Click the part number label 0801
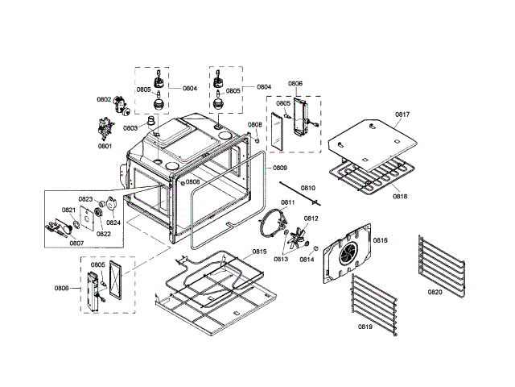[x=105, y=146]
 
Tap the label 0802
[x=103, y=99]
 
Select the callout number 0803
[x=130, y=127]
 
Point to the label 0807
[x=77, y=243]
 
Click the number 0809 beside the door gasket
[x=279, y=168]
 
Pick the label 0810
[x=307, y=188]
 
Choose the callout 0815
[x=259, y=252]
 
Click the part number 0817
[x=402, y=115]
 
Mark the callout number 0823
[x=85, y=198]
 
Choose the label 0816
[x=380, y=240]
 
